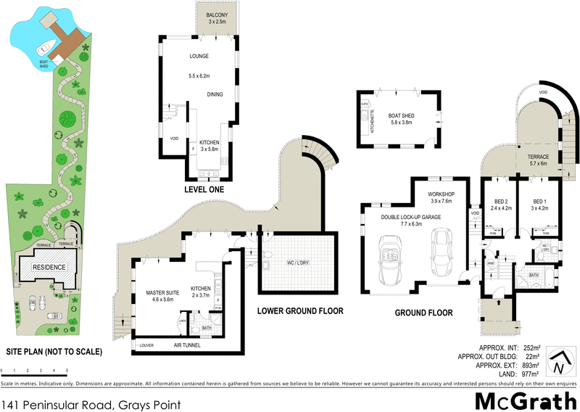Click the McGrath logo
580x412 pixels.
(x=526, y=400)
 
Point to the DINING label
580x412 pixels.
(x=215, y=94)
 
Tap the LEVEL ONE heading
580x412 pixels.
(x=204, y=189)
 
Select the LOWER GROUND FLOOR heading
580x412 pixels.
(x=300, y=311)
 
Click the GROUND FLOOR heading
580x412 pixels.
(x=423, y=313)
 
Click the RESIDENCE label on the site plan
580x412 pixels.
(x=47, y=267)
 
